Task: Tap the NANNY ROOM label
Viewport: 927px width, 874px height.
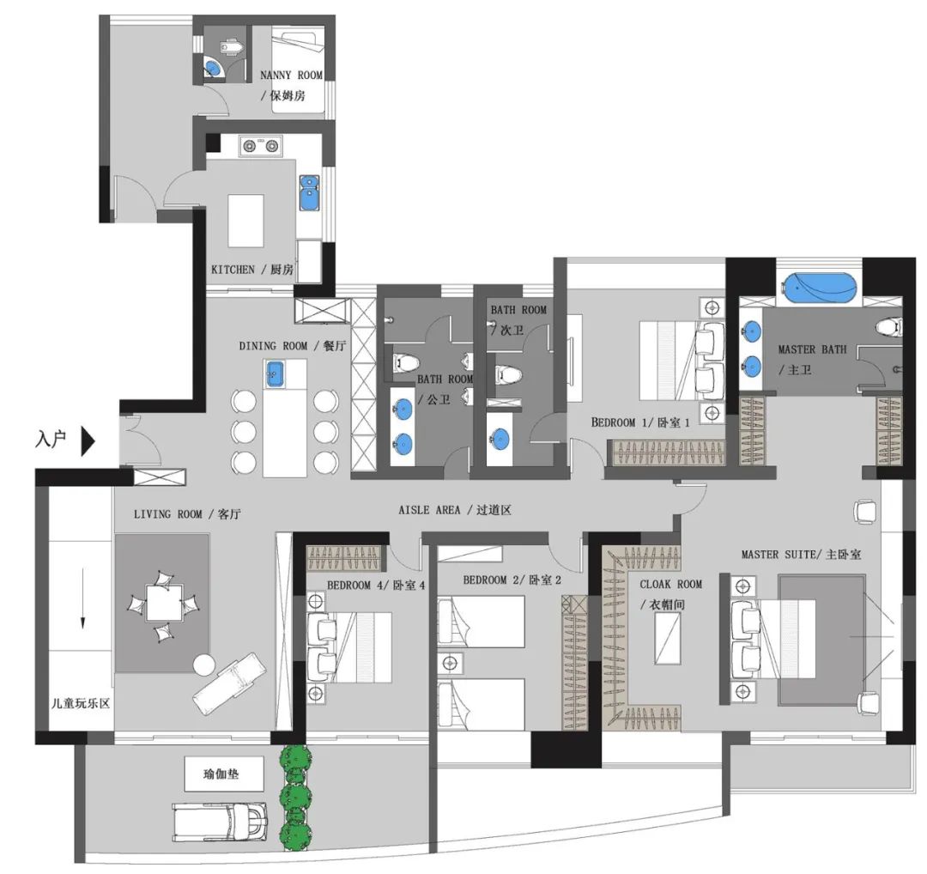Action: pyautogui.click(x=292, y=76)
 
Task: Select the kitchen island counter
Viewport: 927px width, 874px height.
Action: pyautogui.click(x=245, y=221)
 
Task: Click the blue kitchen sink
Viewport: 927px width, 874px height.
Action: pyautogui.click(x=309, y=192)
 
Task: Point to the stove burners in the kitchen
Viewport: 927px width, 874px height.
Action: pyautogui.click(x=261, y=146)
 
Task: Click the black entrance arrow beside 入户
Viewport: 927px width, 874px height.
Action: pyautogui.click(x=87, y=441)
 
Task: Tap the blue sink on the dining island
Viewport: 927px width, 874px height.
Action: pyautogui.click(x=275, y=373)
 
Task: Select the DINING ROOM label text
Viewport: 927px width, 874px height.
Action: pyautogui.click(x=273, y=346)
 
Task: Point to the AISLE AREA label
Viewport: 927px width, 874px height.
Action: pyautogui.click(x=455, y=510)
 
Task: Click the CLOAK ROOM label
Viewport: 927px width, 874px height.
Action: pyautogui.click(x=670, y=584)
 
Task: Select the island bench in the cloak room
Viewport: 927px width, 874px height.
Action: pyautogui.click(x=669, y=638)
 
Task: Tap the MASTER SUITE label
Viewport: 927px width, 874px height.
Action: pyautogui.click(x=801, y=555)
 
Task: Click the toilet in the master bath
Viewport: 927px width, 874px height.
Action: pyautogui.click(x=889, y=326)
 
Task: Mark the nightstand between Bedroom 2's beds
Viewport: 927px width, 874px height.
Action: pyautogui.click(x=450, y=663)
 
